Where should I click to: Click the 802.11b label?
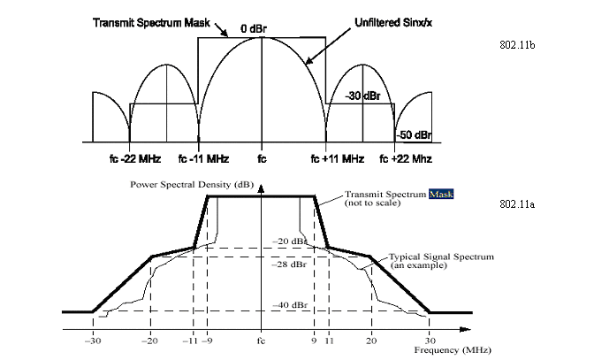point(517,45)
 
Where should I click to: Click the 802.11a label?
point(517,204)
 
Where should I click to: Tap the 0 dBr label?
point(254,29)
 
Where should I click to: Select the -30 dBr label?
point(362,96)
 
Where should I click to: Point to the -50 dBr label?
point(414,135)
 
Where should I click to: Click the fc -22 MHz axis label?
point(135,158)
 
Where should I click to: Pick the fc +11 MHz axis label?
point(337,158)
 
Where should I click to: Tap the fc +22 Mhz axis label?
point(406,158)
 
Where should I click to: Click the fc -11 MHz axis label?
point(204,158)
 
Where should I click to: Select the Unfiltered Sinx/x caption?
point(393,23)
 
